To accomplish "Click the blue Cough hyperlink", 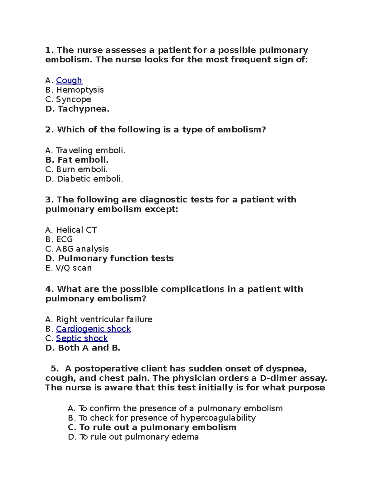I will (x=69, y=80).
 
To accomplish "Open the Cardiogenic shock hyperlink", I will (x=93, y=329).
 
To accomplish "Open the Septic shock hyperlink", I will (x=82, y=338).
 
